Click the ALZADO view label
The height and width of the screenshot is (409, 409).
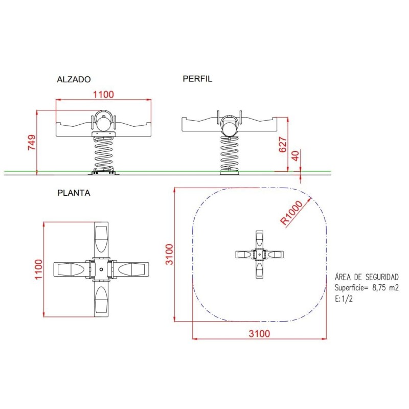(x=74, y=79)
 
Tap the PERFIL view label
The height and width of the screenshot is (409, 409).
(x=197, y=79)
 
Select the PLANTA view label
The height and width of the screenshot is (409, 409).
(x=74, y=193)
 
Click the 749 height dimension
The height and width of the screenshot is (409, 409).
(x=32, y=143)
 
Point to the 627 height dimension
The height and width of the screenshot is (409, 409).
(x=283, y=145)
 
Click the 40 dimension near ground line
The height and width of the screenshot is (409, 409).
(x=296, y=156)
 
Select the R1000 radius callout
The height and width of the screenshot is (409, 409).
(x=291, y=213)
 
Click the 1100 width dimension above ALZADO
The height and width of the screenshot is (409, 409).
(x=104, y=94)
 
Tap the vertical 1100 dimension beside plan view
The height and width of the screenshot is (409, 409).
(x=38, y=269)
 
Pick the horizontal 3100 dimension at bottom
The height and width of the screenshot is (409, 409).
(x=259, y=334)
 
